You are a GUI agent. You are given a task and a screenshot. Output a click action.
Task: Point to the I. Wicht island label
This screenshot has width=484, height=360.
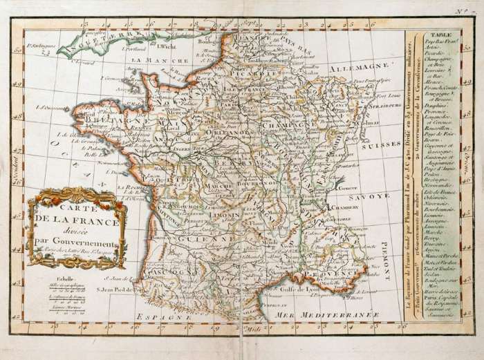click(164, 47)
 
